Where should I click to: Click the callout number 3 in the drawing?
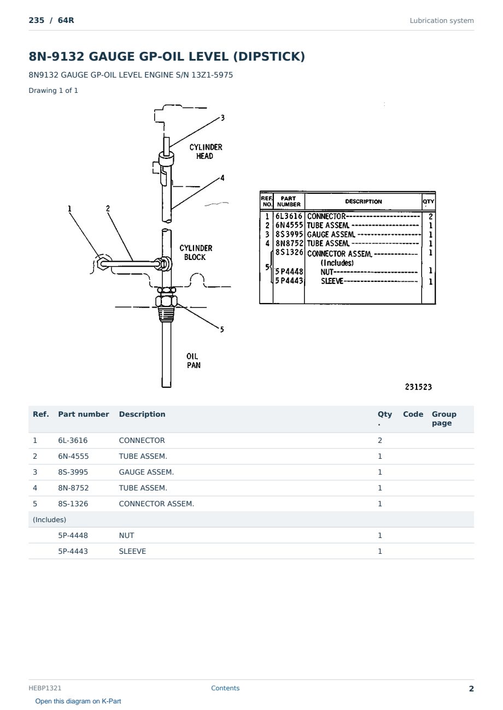(223, 118)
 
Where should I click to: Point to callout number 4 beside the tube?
(223, 178)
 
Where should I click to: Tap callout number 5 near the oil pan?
(222, 330)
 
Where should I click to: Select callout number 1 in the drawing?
(69, 209)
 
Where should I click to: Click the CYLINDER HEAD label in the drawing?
(206, 151)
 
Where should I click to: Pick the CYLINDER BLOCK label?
(196, 253)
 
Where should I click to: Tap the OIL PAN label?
(193, 360)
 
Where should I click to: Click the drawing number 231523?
(418, 387)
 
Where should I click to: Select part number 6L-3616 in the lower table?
(73, 441)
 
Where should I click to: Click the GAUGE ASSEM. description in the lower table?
(147, 472)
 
